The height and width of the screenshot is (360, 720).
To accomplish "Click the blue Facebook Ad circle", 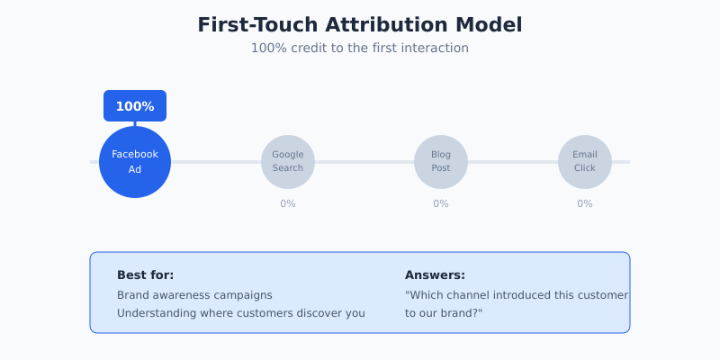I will coord(135,162).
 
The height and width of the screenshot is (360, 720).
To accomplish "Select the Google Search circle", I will coord(288,162).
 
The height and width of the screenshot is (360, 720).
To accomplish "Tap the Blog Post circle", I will coord(441,162).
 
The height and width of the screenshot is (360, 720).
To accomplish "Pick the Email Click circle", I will coord(585,162).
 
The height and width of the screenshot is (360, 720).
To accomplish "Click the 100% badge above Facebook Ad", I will coord(135,106).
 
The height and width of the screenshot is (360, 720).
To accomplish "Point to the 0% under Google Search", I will coord(288,203).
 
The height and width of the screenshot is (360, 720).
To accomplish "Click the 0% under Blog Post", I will coord(441,203).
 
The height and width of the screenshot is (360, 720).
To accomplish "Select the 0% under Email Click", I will coord(585,203).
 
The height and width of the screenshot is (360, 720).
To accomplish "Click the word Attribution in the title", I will coord(390,25).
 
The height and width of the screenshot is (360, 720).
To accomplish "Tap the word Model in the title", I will coord(490,25).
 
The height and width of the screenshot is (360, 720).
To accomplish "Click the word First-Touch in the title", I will coord(256,25).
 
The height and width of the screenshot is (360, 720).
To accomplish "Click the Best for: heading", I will coord(145,274).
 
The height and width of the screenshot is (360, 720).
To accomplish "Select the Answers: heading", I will coord(435,274).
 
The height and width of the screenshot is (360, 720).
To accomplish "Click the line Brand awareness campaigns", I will coord(194,295).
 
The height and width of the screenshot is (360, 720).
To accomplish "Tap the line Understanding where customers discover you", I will coord(240,313).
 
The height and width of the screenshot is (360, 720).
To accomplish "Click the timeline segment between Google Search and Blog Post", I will coord(364,162).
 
